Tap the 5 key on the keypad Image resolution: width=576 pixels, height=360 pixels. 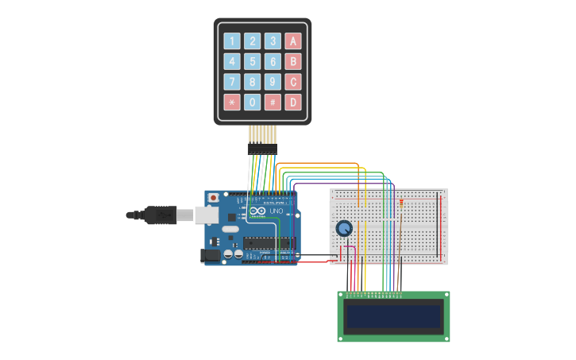click(252, 61)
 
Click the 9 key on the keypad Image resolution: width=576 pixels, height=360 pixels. click(273, 82)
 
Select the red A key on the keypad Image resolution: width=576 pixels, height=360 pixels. click(293, 41)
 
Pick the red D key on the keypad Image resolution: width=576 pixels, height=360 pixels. click(293, 102)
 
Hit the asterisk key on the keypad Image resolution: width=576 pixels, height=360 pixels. click(231, 102)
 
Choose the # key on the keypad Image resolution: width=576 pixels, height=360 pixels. click(273, 102)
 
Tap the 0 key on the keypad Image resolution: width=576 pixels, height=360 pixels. click(252, 102)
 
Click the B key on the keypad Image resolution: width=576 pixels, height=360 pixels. click(293, 61)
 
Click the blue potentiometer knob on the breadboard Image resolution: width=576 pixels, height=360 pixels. click(344, 229)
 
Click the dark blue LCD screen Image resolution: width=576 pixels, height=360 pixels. click(393, 316)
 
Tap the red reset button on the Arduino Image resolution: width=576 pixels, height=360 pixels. click(213, 198)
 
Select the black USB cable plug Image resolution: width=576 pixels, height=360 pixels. click(160, 215)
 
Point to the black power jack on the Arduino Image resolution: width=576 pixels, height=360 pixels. click(211, 255)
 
